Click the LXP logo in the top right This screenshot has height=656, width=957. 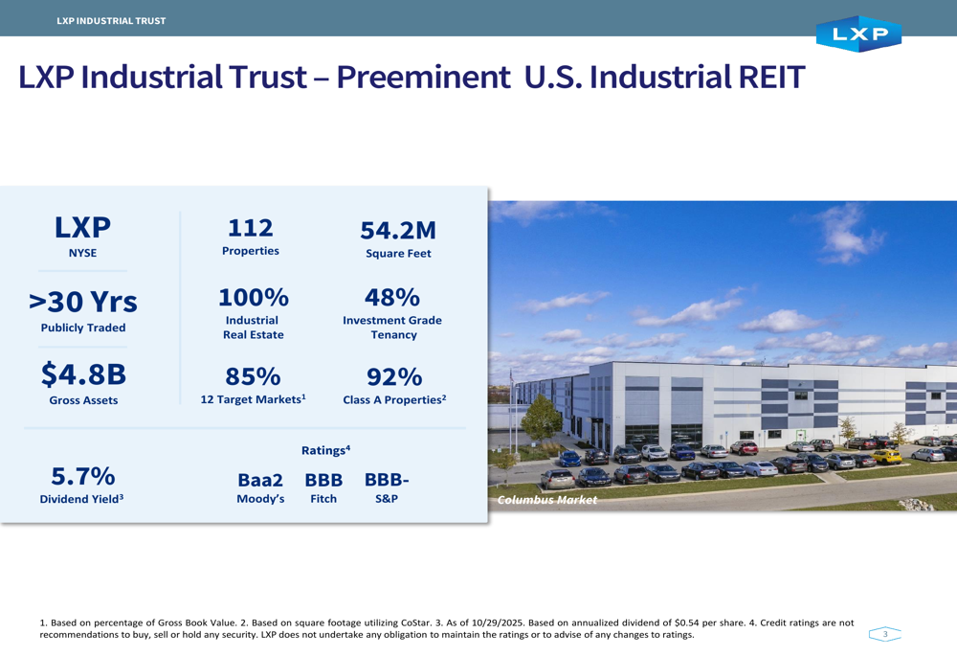[x=858, y=34]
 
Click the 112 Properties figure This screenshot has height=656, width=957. [x=251, y=228]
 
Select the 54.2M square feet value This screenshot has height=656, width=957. [x=398, y=231]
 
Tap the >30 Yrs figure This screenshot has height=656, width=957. [x=83, y=302]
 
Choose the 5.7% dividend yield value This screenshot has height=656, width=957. [x=83, y=476]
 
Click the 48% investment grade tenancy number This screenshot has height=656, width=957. [x=392, y=297]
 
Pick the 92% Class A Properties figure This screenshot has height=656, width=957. [x=394, y=376]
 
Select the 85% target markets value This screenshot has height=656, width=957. [x=253, y=376]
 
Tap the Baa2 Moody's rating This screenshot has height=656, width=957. [x=260, y=481]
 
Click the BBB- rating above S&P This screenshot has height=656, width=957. [x=387, y=480]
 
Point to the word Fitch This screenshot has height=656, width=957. [x=323, y=499]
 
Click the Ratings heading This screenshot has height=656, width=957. [x=325, y=450]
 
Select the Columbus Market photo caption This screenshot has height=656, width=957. [x=547, y=500]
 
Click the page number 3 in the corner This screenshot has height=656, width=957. [x=885, y=634]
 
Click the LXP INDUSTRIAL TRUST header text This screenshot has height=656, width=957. [x=111, y=21]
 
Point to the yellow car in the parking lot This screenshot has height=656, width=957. [x=889, y=456]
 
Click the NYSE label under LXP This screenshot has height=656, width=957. [x=82, y=253]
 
